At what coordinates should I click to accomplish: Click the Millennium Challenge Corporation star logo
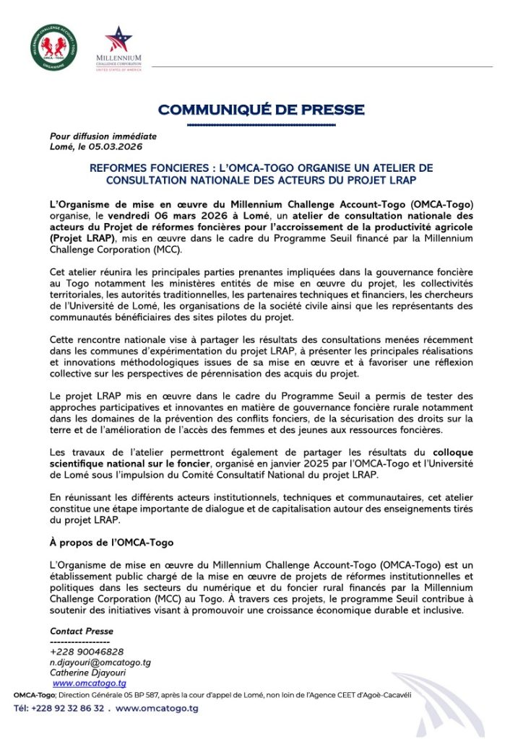pyautogui.click(x=118, y=40)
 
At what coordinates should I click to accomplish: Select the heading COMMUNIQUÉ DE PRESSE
pyautogui.click(x=261, y=110)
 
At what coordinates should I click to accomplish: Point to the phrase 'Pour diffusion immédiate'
pyautogui.click(x=103, y=136)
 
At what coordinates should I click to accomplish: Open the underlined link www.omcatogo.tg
pyautogui.click(x=90, y=683)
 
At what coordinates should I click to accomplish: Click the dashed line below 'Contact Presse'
pyautogui.click(x=79, y=642)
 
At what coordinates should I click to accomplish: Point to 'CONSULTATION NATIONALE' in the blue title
pyautogui.click(x=171, y=179)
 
